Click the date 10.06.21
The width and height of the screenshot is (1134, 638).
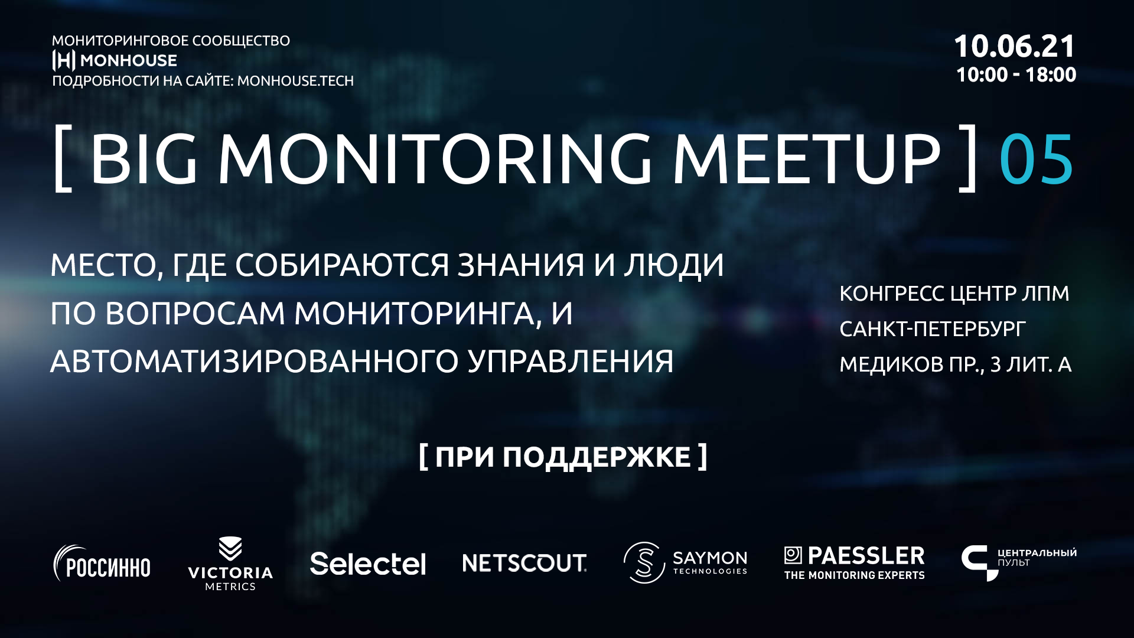[x=1014, y=47]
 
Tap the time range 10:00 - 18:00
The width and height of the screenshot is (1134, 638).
[x=1016, y=75]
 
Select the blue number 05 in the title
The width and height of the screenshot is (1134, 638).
[x=1036, y=159]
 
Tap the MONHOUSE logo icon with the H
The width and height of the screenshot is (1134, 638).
[x=64, y=60]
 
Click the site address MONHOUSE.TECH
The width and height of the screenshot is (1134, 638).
[x=295, y=81]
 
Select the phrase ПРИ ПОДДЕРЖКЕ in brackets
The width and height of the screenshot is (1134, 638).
[x=563, y=457]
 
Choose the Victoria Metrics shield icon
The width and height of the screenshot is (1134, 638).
[x=230, y=548]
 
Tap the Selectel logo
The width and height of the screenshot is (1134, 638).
[x=367, y=564]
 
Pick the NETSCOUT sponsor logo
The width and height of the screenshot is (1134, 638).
[x=524, y=563]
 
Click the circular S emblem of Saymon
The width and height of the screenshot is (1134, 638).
[x=644, y=562]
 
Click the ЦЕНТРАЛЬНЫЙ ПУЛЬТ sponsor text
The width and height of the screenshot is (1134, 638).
[x=1037, y=557]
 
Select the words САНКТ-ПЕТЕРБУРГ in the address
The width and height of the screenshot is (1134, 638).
[x=933, y=329]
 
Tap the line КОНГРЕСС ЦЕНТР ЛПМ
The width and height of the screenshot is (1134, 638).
[x=954, y=294]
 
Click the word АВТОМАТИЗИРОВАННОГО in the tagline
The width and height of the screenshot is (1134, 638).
[x=255, y=362]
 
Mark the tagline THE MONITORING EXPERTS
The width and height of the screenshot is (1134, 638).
[x=854, y=575]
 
